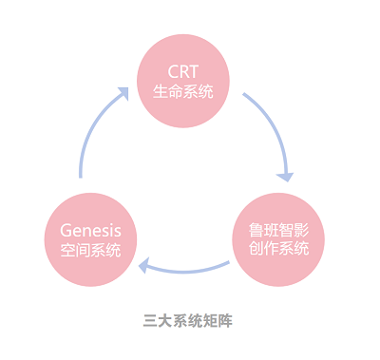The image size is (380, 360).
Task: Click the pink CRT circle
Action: (183, 81)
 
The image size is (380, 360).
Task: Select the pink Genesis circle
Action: (90, 239)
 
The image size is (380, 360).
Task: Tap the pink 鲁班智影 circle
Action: (278, 239)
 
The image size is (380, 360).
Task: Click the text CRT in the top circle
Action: (183, 71)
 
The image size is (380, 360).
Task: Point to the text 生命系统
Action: (183, 92)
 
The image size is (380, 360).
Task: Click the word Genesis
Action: (90, 229)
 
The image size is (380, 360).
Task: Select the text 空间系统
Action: (90, 251)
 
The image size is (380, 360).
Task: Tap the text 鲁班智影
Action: (278, 229)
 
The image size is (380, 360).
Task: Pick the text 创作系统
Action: (278, 250)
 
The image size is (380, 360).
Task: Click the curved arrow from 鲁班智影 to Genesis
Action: (185, 268)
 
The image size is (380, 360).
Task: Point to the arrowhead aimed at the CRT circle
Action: (122, 93)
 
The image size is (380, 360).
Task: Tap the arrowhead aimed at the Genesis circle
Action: (145, 266)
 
